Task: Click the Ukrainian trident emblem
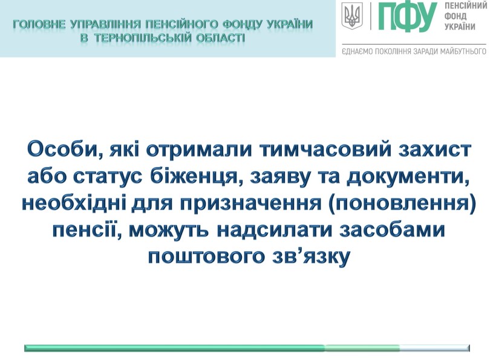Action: pyautogui.click(x=350, y=16)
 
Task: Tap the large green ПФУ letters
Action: pyautogui.click(x=407, y=16)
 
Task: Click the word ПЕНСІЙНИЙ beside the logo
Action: pyautogui.click(x=466, y=5)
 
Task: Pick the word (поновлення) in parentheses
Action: pyautogui.click(x=402, y=204)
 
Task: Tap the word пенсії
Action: pyautogui.click(x=87, y=230)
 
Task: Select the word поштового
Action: pyautogui.click(x=206, y=258)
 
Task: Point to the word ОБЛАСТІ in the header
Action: pyautogui.click(x=218, y=38)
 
